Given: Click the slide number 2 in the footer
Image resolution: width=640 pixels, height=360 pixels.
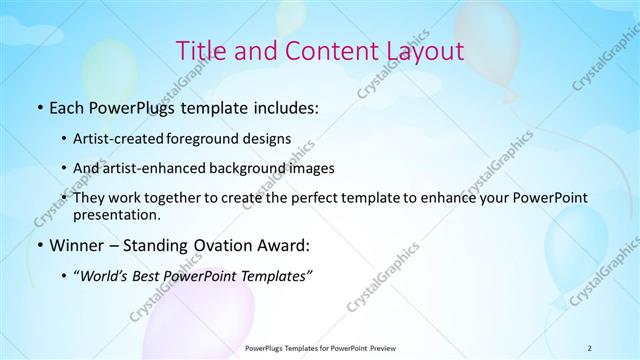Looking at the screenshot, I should tap(589, 347).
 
